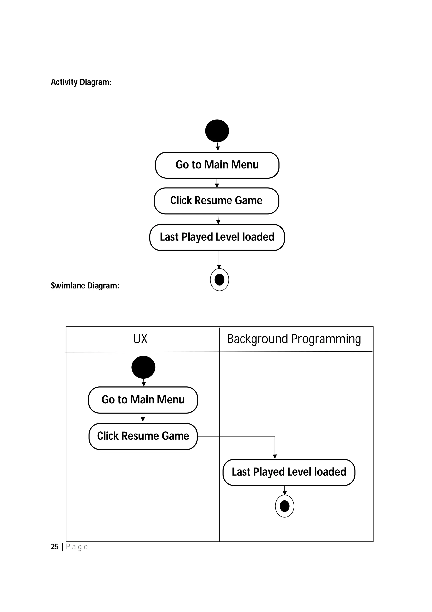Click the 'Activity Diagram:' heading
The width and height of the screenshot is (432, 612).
pos(81,82)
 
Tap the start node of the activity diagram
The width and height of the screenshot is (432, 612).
pos(217,131)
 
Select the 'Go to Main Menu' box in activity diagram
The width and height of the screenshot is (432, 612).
pos(217,165)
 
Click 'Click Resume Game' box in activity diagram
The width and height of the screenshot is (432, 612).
pos(216,201)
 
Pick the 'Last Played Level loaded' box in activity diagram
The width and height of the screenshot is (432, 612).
pos(217,237)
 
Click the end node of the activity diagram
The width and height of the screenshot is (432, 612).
pos(219,280)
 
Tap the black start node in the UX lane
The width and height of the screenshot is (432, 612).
pos(143,367)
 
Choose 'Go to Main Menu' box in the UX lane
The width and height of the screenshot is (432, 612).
pos(143,400)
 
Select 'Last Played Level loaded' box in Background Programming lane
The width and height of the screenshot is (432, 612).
pos(289,472)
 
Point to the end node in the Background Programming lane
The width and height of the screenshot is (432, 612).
pos(285,506)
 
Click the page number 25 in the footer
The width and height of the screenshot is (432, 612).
pos(55,547)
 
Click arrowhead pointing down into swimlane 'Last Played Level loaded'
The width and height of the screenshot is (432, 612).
pos(275,456)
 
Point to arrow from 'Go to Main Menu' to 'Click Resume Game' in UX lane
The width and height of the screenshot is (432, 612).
pos(143,418)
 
